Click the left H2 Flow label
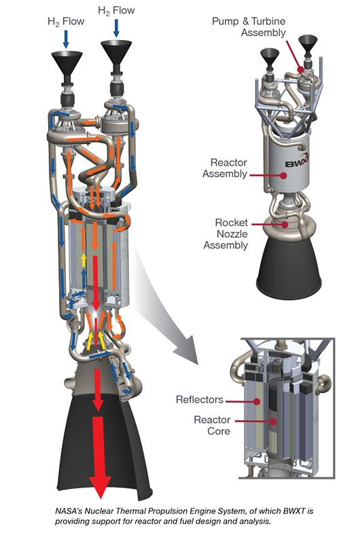point(66,22)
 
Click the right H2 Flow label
point(116,11)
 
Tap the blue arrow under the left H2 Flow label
point(66,39)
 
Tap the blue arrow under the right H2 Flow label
point(116,28)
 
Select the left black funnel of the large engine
point(67,64)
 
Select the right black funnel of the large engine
point(116,52)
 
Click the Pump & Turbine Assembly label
point(249,27)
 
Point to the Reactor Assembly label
point(225,168)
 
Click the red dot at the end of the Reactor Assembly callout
point(283,175)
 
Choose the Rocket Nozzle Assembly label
point(226,234)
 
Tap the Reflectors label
point(200,399)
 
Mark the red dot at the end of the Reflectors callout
point(257,401)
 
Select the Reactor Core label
point(212,425)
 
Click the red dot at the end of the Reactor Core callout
point(273,422)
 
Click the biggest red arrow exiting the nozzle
point(100,457)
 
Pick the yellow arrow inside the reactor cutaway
point(84,261)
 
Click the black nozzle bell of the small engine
point(288,269)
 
